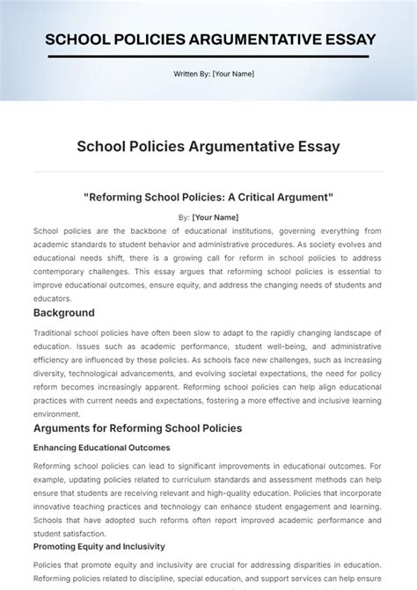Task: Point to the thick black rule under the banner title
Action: [x=208, y=57]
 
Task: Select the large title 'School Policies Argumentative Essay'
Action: [x=208, y=146]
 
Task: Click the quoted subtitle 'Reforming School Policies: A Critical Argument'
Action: [x=208, y=197]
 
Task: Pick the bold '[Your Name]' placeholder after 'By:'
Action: [x=216, y=216]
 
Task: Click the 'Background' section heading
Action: [x=64, y=312]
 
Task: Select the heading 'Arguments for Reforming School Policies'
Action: [x=137, y=428]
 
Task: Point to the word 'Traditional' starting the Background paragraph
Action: [x=55, y=332]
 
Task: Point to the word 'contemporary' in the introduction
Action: [x=63, y=272]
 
